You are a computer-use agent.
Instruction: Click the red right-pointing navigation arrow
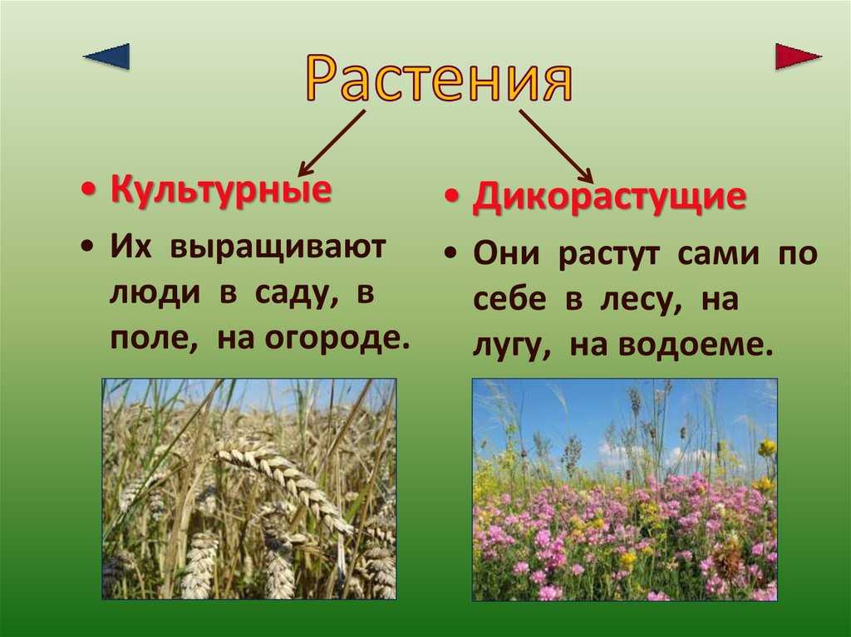tap(797, 56)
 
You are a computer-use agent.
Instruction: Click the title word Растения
tap(440, 79)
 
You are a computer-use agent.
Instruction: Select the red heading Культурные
tap(221, 190)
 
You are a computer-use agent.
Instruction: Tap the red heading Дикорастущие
tap(609, 197)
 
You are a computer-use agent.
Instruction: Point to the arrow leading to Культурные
tap(331, 143)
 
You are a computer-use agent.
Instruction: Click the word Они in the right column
tap(507, 252)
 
